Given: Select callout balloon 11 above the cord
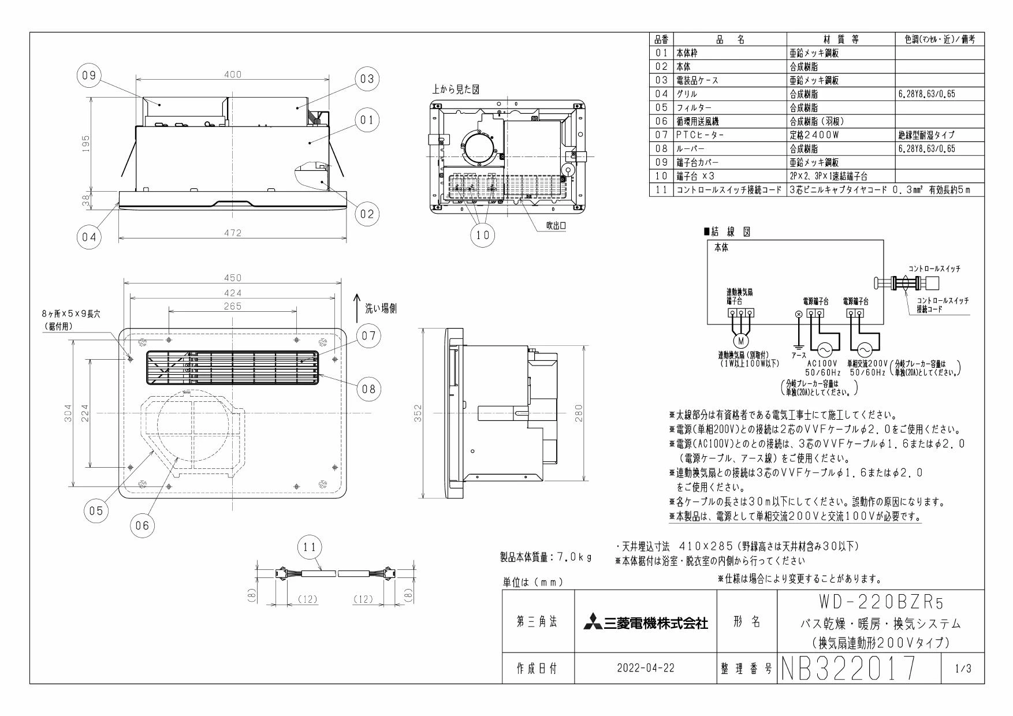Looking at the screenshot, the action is click(311, 547).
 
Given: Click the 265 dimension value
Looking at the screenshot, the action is click(232, 306).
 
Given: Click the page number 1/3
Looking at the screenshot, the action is click(963, 669).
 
